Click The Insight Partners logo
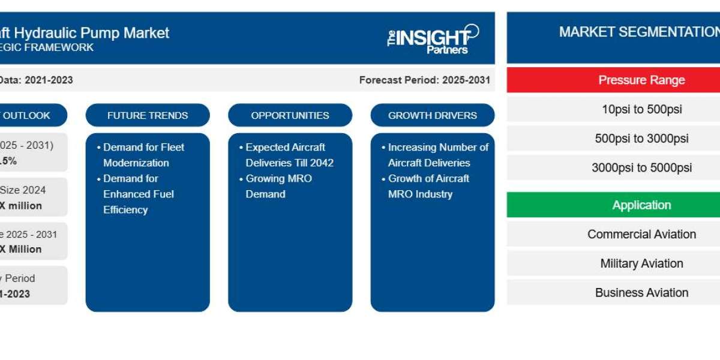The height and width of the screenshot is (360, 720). pyautogui.click(x=433, y=39)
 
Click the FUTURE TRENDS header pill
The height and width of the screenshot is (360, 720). pyautogui.click(x=148, y=115)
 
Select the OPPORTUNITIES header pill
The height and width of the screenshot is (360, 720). pyautogui.click(x=290, y=115)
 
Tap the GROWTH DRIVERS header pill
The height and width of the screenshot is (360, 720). pyautogui.click(x=433, y=115)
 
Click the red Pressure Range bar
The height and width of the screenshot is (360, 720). pyautogui.click(x=641, y=80)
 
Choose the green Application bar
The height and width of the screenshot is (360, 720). pyautogui.click(x=641, y=205)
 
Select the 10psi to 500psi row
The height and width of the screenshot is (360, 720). pyautogui.click(x=641, y=109)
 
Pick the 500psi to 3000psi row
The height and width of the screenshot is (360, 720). pyautogui.click(x=641, y=139)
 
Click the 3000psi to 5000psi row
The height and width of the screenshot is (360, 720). pyautogui.click(x=641, y=167)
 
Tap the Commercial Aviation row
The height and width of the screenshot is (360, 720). pyautogui.click(x=641, y=234)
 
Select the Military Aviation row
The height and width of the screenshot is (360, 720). pyautogui.click(x=641, y=263)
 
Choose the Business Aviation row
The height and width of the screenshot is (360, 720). pyautogui.click(x=641, y=292)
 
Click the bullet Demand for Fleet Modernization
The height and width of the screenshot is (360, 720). pyautogui.click(x=143, y=155)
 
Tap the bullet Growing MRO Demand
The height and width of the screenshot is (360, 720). pyautogui.click(x=278, y=186)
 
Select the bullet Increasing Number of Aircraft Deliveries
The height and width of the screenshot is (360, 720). pyautogui.click(x=437, y=155)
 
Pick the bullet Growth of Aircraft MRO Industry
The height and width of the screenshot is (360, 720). pyautogui.click(x=428, y=186)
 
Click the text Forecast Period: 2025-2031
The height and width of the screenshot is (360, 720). pyautogui.click(x=424, y=80)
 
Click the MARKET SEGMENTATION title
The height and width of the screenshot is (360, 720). pyautogui.click(x=639, y=32)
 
